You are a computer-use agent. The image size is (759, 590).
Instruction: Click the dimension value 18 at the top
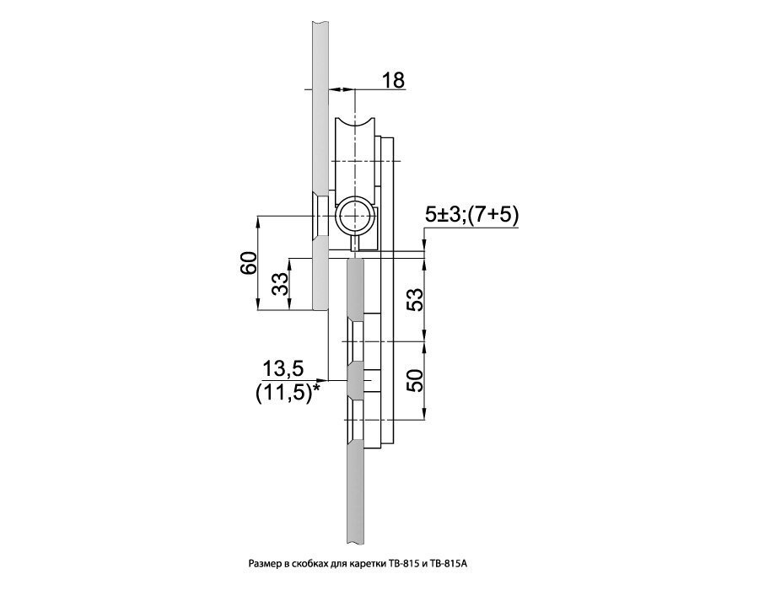pyautogui.click(x=393, y=80)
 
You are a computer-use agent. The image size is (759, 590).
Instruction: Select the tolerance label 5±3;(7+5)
pyautogui.click(x=471, y=216)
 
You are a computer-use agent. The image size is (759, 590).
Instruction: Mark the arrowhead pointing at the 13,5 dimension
pyautogui.click(x=322, y=382)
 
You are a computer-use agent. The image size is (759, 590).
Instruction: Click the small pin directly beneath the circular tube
pyautogui.click(x=358, y=243)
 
